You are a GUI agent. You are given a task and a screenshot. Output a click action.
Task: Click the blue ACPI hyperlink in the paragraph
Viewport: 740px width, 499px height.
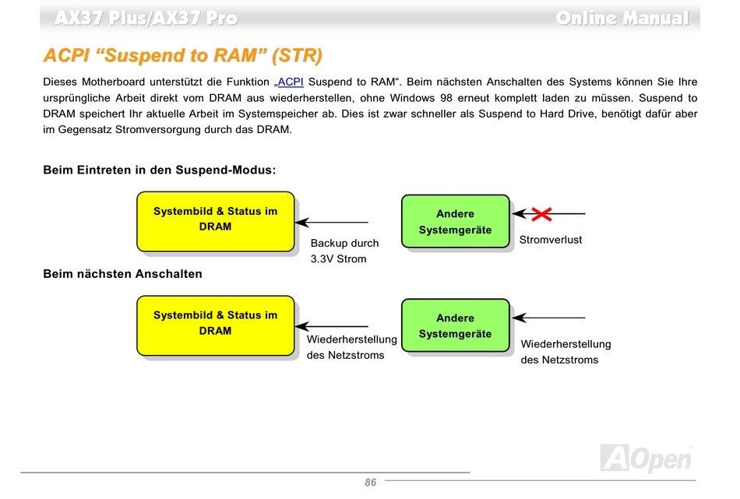[291, 82]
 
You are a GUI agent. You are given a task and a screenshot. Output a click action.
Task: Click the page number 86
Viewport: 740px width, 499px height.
[370, 483]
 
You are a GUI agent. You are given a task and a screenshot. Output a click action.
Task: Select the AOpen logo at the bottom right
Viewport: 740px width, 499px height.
[647, 459]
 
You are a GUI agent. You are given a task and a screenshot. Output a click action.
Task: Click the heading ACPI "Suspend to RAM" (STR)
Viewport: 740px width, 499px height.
[182, 56]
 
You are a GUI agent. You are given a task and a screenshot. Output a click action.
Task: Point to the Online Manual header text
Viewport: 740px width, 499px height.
[622, 18]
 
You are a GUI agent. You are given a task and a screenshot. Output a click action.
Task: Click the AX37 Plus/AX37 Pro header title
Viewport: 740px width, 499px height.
[146, 18]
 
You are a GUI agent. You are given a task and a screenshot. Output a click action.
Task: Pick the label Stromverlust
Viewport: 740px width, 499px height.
[550, 240]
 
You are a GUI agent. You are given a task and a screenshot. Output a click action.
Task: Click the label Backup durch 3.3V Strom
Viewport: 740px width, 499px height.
[344, 251]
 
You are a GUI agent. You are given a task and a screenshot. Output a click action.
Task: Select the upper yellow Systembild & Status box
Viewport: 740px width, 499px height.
[216, 220]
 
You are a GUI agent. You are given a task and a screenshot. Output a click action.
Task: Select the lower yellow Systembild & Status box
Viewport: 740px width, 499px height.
[216, 325]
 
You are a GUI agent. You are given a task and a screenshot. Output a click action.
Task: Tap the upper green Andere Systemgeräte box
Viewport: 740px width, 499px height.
[456, 221]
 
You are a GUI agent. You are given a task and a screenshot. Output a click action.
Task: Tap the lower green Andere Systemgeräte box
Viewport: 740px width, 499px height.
[456, 325]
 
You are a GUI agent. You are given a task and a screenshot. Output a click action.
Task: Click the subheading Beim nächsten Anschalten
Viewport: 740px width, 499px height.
[122, 274]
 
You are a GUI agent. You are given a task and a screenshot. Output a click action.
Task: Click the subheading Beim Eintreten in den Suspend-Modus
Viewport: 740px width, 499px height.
[159, 170]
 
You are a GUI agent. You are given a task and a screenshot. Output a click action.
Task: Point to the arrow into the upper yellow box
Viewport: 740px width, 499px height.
[332, 222]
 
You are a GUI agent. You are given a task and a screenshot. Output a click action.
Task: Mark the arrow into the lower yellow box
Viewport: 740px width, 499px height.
[332, 326]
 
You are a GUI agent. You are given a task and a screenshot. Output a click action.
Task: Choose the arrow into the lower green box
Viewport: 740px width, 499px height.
[549, 318]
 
